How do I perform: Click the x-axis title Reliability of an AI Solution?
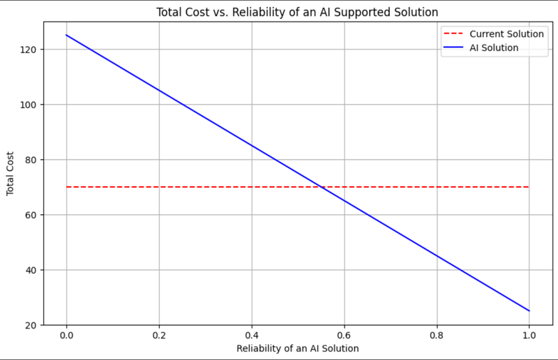tap(298, 348)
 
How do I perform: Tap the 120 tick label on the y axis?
tap(30, 50)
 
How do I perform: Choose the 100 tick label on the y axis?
tap(30, 105)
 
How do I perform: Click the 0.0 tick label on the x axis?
tap(66, 336)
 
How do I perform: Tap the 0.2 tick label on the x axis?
tap(159, 336)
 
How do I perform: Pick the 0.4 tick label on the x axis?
tap(252, 336)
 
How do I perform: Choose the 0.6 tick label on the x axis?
tap(344, 336)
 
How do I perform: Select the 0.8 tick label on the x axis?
tap(437, 336)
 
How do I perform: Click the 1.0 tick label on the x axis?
tap(529, 336)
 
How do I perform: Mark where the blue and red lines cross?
tap(321, 187)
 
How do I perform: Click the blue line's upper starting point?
tap(66, 35)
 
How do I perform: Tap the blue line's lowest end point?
tap(529, 310)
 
